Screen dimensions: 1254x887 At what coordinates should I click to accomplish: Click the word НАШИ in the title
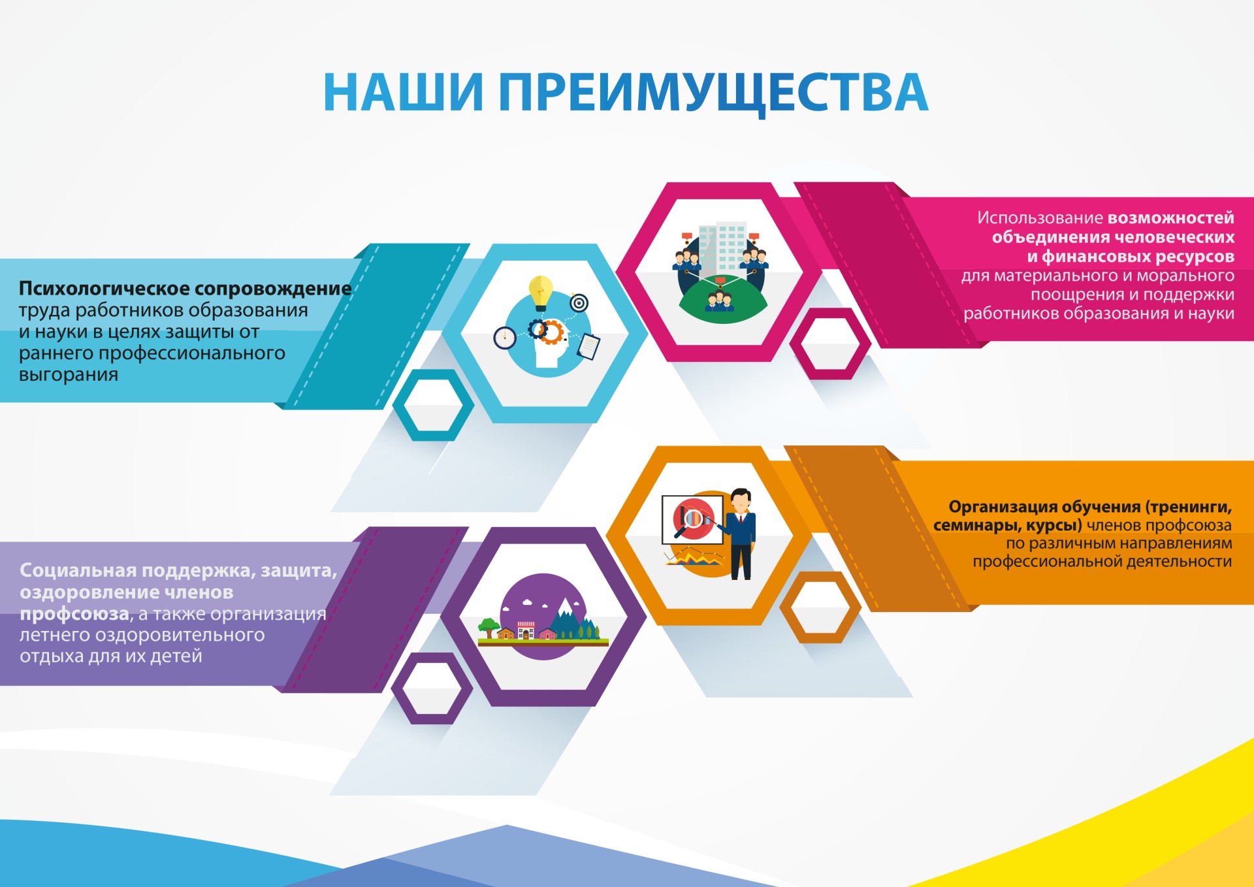point(404,92)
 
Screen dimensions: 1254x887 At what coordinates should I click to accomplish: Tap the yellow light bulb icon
point(541,293)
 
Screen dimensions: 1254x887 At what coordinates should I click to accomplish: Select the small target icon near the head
point(579,303)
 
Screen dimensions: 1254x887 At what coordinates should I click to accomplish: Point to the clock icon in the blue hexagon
point(504,338)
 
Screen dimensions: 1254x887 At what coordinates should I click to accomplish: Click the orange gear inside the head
point(553,332)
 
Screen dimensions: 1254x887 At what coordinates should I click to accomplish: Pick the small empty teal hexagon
point(433,405)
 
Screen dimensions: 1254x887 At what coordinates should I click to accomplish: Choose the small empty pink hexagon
point(830,344)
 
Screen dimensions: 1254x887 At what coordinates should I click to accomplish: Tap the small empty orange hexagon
point(820,607)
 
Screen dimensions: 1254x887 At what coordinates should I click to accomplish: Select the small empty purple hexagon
point(432,688)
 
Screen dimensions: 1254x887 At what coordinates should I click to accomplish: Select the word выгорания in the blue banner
point(69,375)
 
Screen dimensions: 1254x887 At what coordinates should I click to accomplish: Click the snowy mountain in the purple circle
point(566,617)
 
